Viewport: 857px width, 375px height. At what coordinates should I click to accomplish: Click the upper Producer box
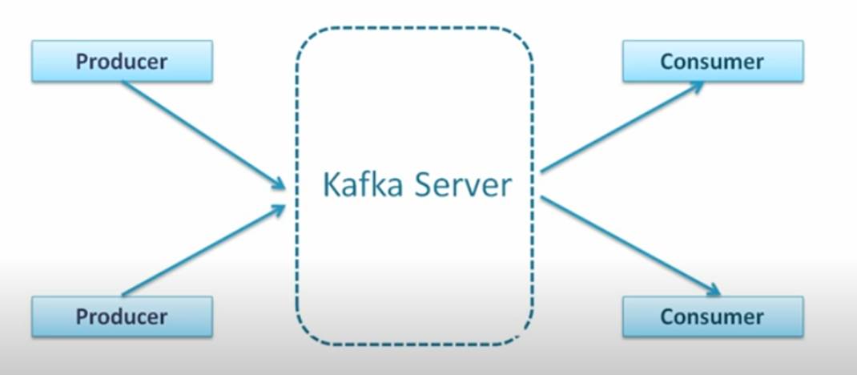(x=122, y=62)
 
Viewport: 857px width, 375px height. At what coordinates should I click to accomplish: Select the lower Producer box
(x=122, y=316)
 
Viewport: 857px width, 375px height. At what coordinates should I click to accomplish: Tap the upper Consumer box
(x=712, y=62)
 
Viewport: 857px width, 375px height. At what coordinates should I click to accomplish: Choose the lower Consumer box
(x=712, y=316)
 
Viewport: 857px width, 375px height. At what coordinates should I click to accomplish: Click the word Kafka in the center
(x=360, y=185)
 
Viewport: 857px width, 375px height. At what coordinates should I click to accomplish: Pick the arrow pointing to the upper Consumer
(x=621, y=127)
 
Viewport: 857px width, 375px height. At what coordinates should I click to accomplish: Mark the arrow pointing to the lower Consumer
(x=629, y=244)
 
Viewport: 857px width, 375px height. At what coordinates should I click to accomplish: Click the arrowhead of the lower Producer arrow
(x=278, y=209)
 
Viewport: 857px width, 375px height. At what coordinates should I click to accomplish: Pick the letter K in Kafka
(x=330, y=185)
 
